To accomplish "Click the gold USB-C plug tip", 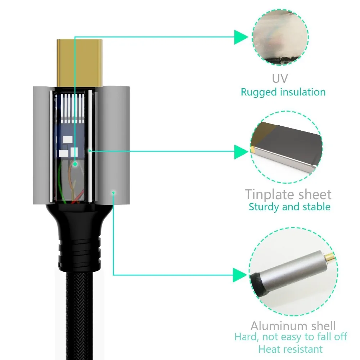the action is pos(79,61).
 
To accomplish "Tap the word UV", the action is pos(280,78).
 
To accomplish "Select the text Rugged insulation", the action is pos(283,92).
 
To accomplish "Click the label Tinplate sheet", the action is pos(288,194).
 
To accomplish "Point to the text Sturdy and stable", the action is pos(289,207).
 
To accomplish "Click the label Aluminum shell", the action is pos(293,326).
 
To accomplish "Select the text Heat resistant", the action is pos(290,349).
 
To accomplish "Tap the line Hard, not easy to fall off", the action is pos(291,337).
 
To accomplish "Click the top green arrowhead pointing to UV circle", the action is pos(241,37).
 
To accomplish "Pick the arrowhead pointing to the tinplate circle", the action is pos(241,152).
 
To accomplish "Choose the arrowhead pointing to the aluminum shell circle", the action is pos(241,275).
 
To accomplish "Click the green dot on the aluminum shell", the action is pos(113,193).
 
